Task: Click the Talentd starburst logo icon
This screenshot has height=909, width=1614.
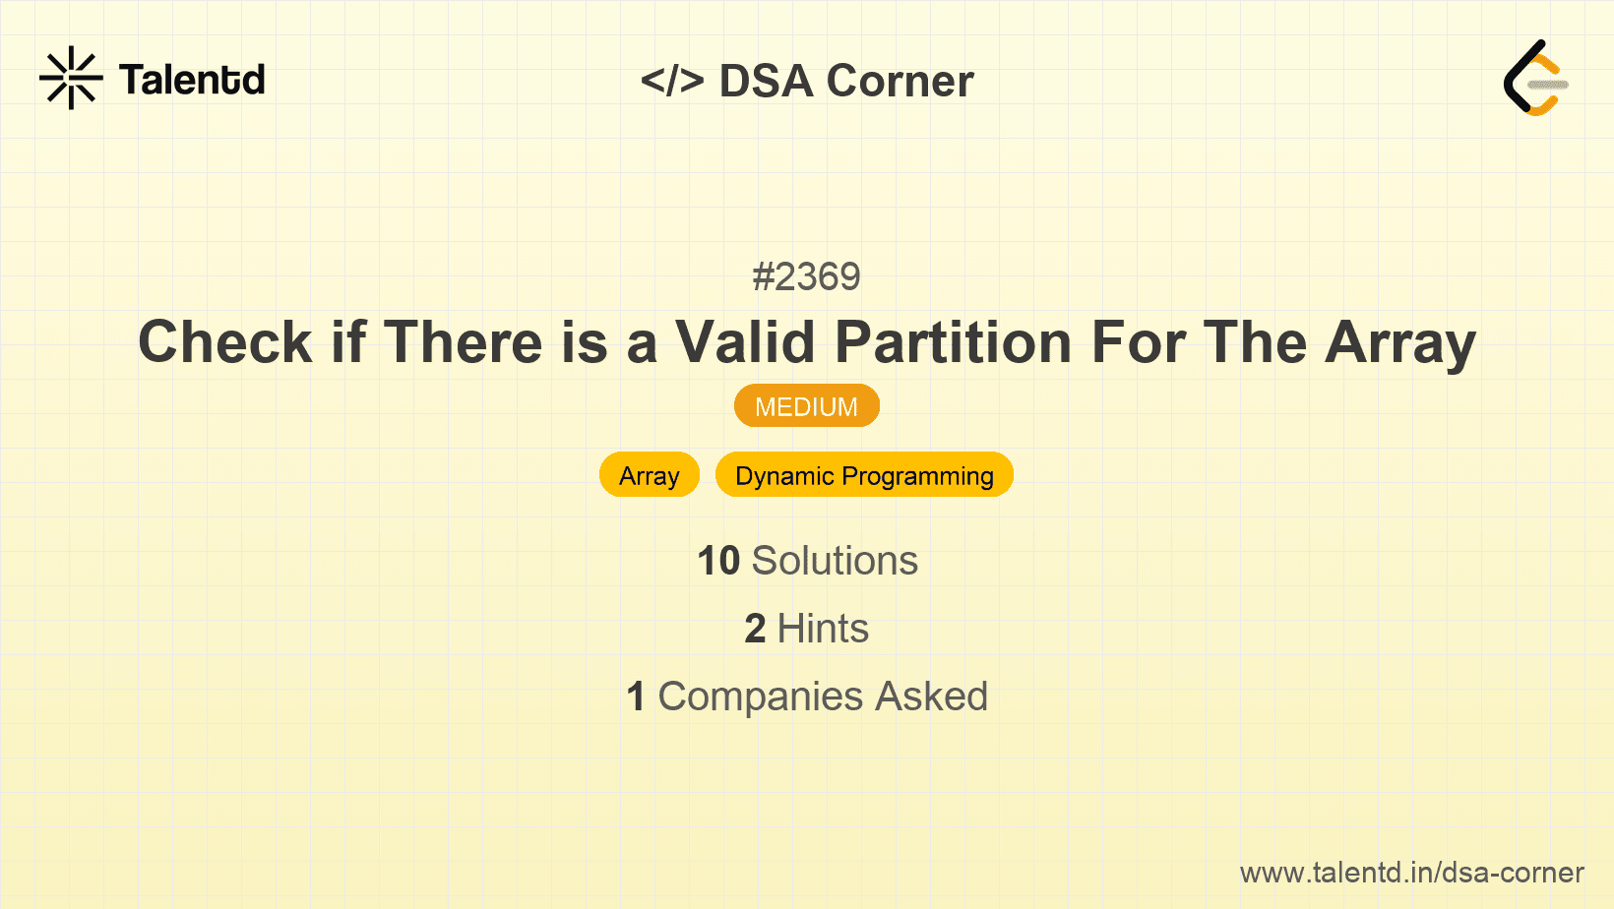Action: (x=71, y=79)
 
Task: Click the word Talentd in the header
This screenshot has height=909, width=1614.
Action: (x=192, y=80)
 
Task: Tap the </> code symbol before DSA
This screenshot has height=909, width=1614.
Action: (x=672, y=81)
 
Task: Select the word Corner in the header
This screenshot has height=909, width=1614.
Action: (x=900, y=81)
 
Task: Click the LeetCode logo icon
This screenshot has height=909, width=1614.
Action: (x=1535, y=79)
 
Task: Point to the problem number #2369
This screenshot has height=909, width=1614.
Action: (x=806, y=276)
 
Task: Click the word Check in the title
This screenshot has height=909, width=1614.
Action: (x=225, y=342)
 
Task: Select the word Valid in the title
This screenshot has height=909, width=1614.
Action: (x=745, y=342)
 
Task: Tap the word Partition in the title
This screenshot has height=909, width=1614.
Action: (x=953, y=342)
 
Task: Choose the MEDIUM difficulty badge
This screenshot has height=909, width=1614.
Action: (x=806, y=406)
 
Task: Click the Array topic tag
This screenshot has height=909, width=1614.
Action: (x=650, y=475)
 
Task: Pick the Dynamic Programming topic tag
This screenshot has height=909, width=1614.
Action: (x=864, y=475)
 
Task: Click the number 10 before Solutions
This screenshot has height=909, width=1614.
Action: (x=718, y=561)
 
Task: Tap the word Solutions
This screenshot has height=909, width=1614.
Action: (x=835, y=561)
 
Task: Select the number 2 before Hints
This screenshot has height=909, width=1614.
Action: (x=755, y=629)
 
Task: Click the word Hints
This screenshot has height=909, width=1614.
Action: (x=823, y=629)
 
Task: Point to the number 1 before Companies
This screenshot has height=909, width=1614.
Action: (x=636, y=697)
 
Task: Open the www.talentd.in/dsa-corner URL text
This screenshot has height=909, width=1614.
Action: (x=1411, y=873)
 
